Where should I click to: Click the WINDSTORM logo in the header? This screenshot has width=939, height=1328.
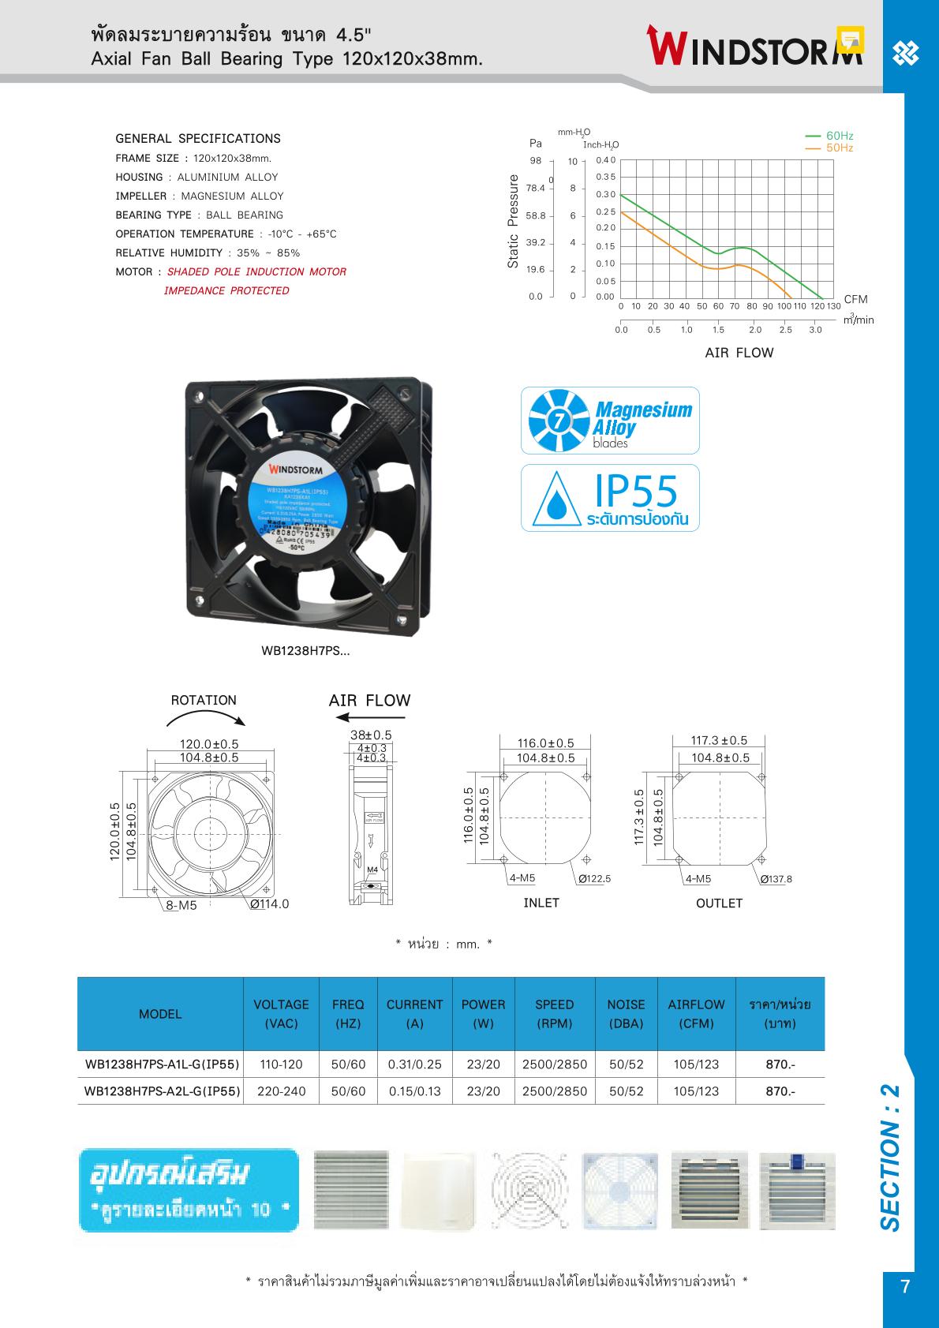(x=755, y=47)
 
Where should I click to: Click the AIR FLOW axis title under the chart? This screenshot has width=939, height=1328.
(x=739, y=353)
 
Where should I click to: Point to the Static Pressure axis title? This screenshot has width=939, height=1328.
(x=513, y=222)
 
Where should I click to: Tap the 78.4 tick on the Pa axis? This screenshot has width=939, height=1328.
(x=536, y=188)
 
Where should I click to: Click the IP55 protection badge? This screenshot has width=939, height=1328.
(x=610, y=498)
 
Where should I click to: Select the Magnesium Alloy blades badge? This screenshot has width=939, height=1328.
(x=610, y=421)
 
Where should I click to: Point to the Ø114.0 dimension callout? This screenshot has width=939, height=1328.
(x=270, y=904)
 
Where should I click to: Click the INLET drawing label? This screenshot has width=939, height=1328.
(x=541, y=903)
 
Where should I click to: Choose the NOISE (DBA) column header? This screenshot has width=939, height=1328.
(x=626, y=1014)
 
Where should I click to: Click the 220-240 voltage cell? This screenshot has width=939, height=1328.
(x=281, y=1091)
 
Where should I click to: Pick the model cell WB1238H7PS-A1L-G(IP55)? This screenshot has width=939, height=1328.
(x=161, y=1064)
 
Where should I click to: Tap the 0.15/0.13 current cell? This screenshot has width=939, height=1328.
(x=414, y=1091)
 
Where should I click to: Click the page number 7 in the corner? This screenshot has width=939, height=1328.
(x=905, y=1287)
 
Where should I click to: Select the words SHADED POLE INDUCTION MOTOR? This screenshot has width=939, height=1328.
(x=256, y=271)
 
